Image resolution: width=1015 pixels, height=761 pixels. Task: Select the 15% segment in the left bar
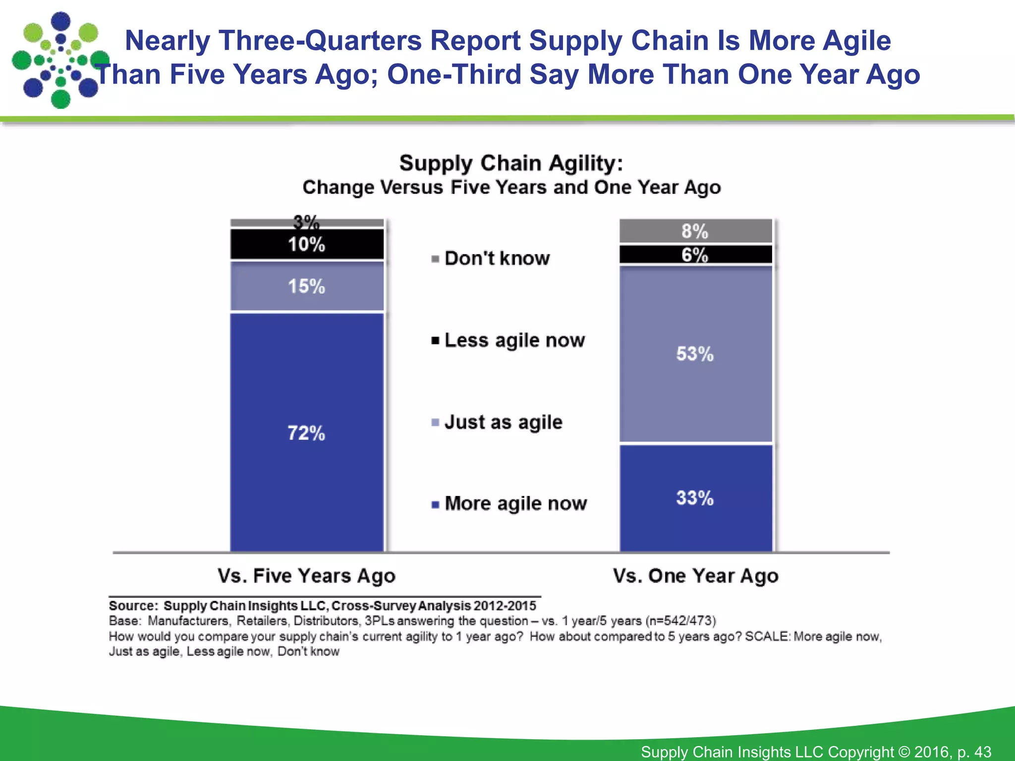pyautogui.click(x=307, y=286)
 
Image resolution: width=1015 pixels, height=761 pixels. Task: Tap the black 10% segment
pyautogui.click(x=307, y=244)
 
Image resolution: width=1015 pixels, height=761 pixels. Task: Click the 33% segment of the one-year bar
pyautogui.click(x=695, y=498)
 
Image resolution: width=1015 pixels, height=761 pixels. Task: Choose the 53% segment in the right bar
pyautogui.click(x=695, y=354)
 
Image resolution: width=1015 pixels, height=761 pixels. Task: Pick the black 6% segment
pyautogui.click(x=695, y=255)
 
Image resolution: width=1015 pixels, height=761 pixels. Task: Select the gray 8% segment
pyautogui.click(x=695, y=231)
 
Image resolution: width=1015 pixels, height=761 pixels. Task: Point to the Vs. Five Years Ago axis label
pyautogui.click(x=307, y=576)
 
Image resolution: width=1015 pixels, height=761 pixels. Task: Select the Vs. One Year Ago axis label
pyautogui.click(x=695, y=576)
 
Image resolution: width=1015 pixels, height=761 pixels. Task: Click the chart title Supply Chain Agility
pyautogui.click(x=511, y=163)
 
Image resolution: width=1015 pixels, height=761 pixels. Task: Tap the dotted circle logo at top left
pyautogui.click(x=59, y=59)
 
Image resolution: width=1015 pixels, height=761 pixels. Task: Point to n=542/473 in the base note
pyautogui.click(x=680, y=621)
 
